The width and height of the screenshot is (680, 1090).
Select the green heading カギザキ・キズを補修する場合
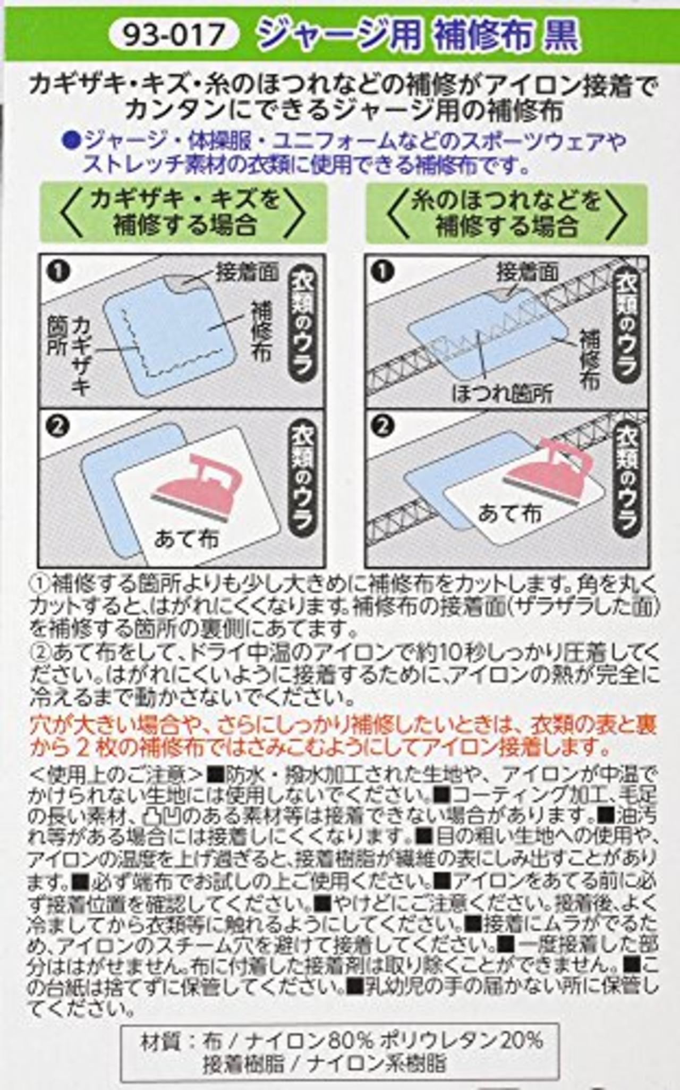184,213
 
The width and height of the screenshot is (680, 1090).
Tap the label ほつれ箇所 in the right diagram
502,394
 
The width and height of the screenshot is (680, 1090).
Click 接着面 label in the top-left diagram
246,272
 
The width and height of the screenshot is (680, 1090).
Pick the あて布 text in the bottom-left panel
186,539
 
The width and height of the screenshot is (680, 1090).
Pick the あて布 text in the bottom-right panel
510,513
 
